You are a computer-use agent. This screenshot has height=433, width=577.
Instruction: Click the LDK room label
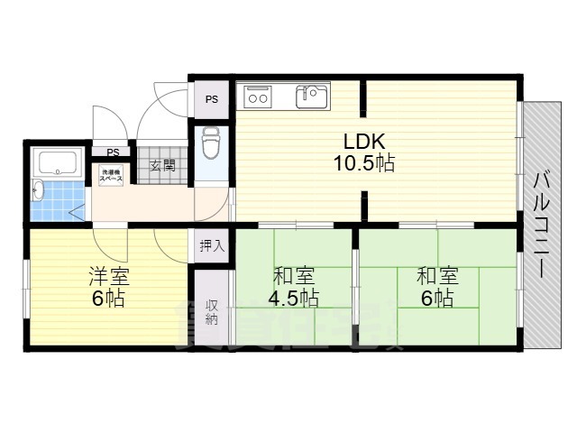[363, 142]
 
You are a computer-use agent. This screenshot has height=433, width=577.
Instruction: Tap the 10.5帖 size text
[363, 164]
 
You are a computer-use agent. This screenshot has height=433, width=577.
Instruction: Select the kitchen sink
[313, 94]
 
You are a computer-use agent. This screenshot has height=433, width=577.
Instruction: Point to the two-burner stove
[259, 95]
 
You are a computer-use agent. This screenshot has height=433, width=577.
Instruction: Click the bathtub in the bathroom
[56, 163]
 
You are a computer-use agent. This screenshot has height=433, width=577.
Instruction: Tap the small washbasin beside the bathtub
[37, 190]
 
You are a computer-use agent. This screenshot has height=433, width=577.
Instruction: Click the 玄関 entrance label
[162, 165]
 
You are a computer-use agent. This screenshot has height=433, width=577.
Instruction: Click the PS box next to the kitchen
[212, 99]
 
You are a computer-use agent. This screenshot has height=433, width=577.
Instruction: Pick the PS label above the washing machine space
[113, 152]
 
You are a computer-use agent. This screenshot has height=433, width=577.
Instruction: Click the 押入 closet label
[212, 245]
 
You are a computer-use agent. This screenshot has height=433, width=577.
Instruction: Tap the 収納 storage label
[212, 311]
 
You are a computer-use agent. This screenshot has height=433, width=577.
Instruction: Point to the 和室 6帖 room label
[438, 275]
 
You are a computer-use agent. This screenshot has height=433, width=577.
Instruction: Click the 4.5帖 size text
[292, 299]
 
